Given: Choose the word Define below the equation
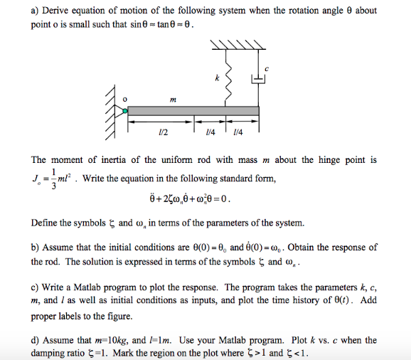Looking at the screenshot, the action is [x=48, y=223].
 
